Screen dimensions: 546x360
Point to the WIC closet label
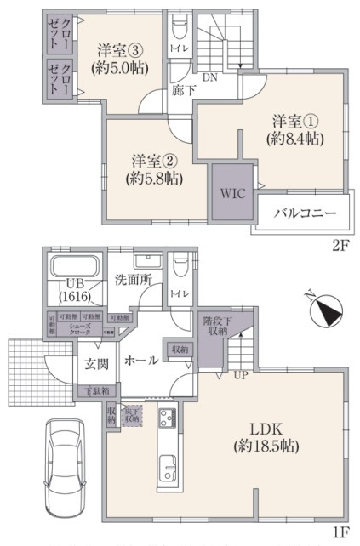(x=232, y=193)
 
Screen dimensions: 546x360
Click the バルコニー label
(x=304, y=213)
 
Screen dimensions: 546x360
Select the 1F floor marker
(x=340, y=532)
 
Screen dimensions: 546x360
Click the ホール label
(x=140, y=361)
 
